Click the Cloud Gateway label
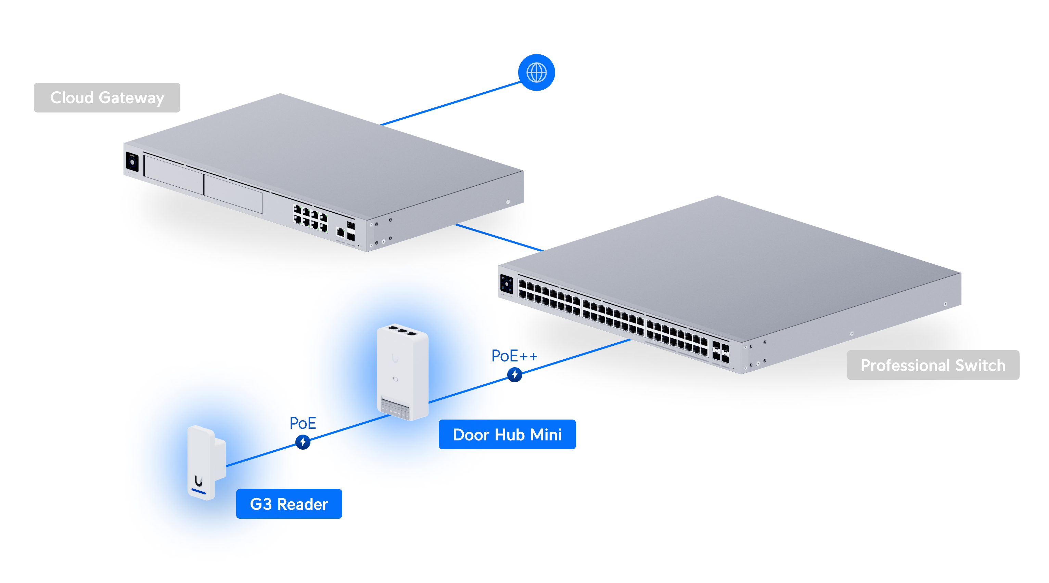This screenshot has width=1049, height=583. [107, 98]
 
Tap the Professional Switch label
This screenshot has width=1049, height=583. [933, 365]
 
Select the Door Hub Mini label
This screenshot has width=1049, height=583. [507, 435]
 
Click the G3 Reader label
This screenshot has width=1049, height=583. [289, 504]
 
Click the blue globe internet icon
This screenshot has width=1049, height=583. [536, 72]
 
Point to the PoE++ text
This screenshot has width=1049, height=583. [514, 356]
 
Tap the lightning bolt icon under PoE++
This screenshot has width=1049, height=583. [514, 374]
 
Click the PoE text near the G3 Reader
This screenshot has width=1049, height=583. [303, 423]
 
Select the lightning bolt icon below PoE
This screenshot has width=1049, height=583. [303, 442]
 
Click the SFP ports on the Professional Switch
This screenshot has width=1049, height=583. [720, 352]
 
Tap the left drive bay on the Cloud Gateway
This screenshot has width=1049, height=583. [174, 175]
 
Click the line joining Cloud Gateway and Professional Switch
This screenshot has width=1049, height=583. [499, 237]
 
